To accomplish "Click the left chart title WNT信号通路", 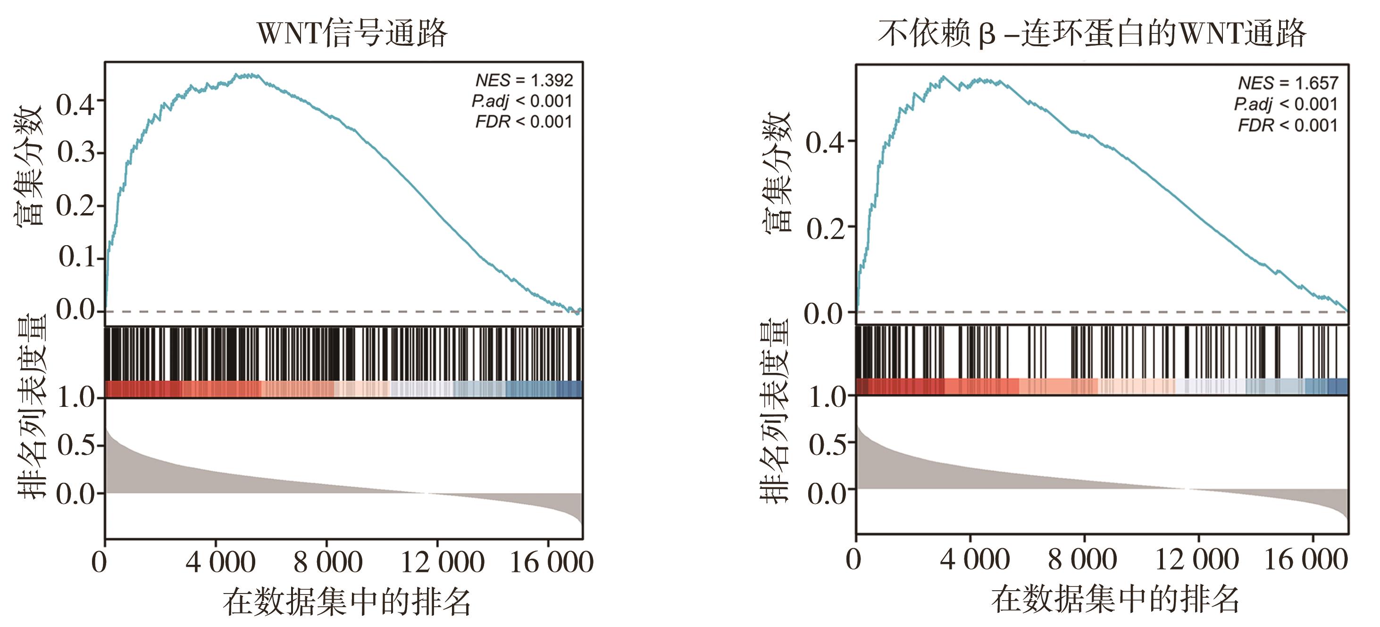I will pyautogui.click(x=352, y=33).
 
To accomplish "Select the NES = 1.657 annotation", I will pyautogui.click(x=1288, y=83).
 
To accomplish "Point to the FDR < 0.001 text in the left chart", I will pyautogui.click(x=523, y=122).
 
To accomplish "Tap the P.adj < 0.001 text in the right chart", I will pyautogui.click(x=1285, y=104).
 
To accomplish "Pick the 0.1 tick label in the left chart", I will pyautogui.click(x=76, y=257).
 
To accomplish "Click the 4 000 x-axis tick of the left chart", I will pyautogui.click(x=220, y=562).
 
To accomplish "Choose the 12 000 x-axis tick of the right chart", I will pyautogui.click(x=1196, y=560).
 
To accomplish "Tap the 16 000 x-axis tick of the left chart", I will pyautogui.click(x=551, y=562).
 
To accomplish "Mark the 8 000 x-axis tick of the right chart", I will pyautogui.click(x=1082, y=560).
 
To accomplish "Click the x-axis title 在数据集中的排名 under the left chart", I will pyautogui.click(x=347, y=602).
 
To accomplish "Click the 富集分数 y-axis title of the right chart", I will pyautogui.click(x=776, y=171).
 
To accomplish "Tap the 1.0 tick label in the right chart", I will pyautogui.click(x=827, y=397).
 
